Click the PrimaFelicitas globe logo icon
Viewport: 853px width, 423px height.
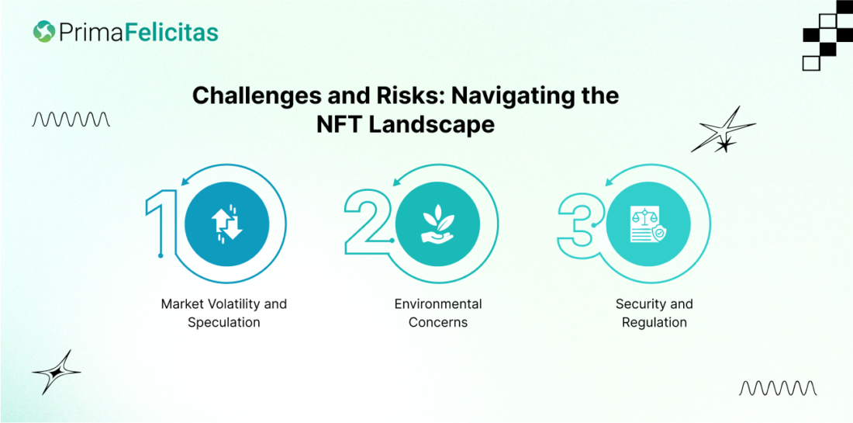point(43,31)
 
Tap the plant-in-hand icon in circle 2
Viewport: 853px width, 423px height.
point(437,224)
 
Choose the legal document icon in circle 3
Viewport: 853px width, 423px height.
point(648,224)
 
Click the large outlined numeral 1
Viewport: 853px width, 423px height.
point(162,224)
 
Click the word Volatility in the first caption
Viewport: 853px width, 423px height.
point(230,303)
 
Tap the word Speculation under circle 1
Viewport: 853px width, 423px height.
point(223,322)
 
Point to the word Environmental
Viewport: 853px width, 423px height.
point(438,303)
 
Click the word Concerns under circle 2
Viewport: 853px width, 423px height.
point(438,322)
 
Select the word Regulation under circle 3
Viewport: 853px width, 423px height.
point(654,322)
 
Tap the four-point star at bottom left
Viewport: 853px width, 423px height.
point(56,373)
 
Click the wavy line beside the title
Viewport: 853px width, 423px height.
point(71,120)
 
